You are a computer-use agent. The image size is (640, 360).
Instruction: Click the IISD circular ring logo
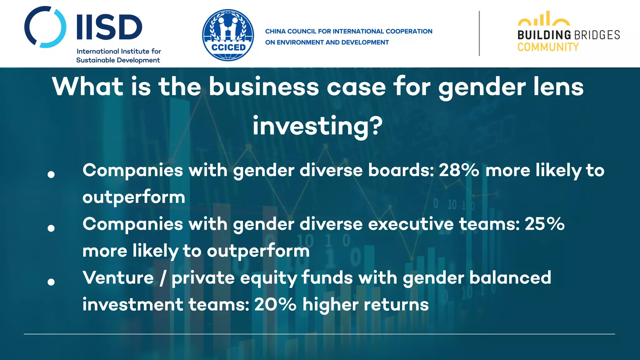tap(45, 27)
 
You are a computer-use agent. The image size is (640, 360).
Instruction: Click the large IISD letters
tap(109, 27)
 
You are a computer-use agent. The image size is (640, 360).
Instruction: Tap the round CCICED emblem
tap(228, 35)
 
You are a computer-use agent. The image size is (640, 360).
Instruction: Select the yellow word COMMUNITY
tap(548, 47)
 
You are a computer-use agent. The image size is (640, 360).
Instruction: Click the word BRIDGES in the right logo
tap(597, 35)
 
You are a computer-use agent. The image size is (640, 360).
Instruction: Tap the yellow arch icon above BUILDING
tap(544, 19)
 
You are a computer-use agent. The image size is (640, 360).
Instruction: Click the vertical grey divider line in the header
tap(479, 33)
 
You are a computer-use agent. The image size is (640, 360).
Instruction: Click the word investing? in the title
tap(317, 126)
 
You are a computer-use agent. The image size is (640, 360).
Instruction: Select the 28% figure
tap(459, 170)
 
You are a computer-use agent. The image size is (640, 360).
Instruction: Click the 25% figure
tap(544, 224)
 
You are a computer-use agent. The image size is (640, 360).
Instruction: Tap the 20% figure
tap(275, 304)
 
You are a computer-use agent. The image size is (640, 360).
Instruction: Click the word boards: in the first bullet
tap(401, 170)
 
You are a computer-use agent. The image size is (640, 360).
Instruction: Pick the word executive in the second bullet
tap(411, 224)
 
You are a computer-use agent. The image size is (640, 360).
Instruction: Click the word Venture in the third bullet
tap(118, 278)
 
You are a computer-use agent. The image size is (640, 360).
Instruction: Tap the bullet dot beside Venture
tap(51, 282)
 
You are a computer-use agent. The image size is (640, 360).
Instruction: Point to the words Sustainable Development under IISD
tap(118, 60)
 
